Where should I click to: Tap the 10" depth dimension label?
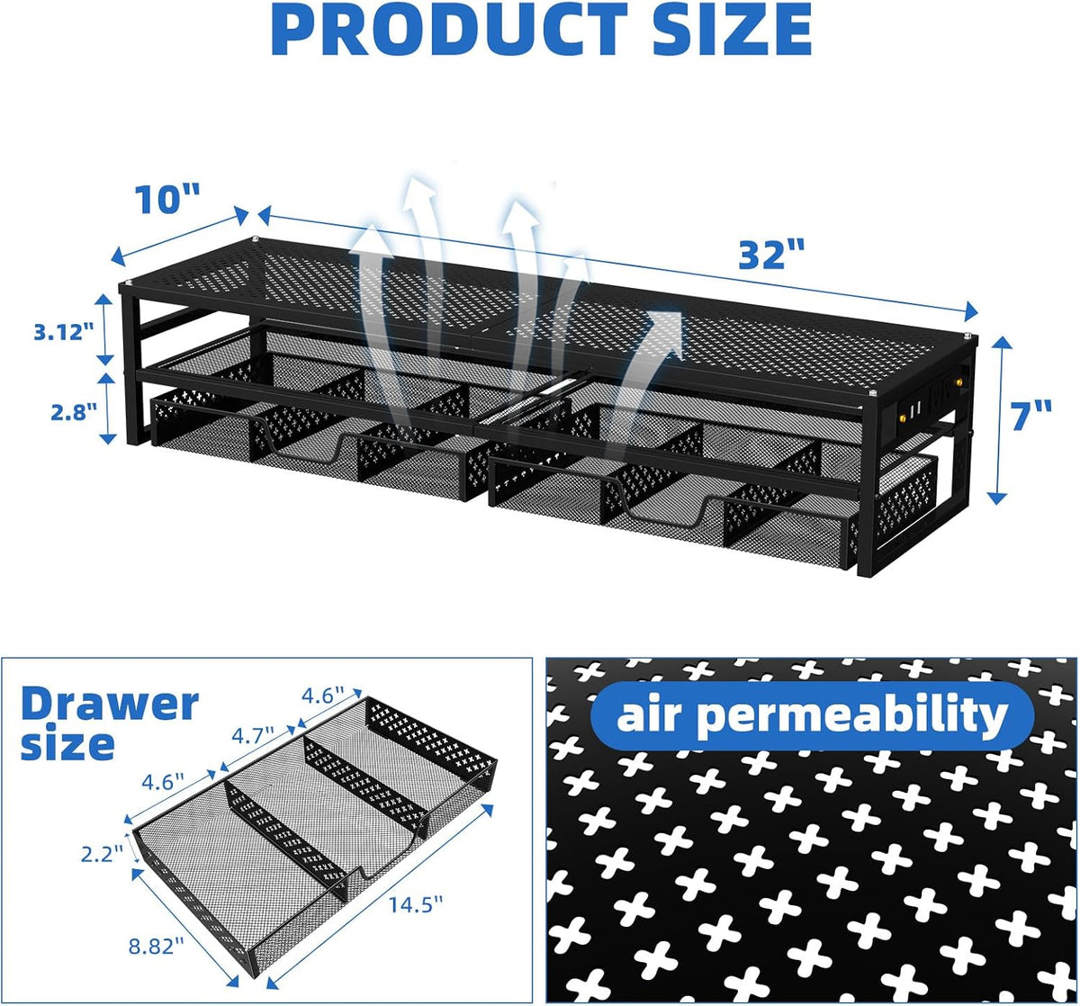pos(166,199)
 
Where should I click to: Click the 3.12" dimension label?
pos(64,332)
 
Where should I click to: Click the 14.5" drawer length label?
pos(416,905)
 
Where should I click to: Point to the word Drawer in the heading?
pos(110,705)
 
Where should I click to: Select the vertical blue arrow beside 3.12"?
pos(105,329)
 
